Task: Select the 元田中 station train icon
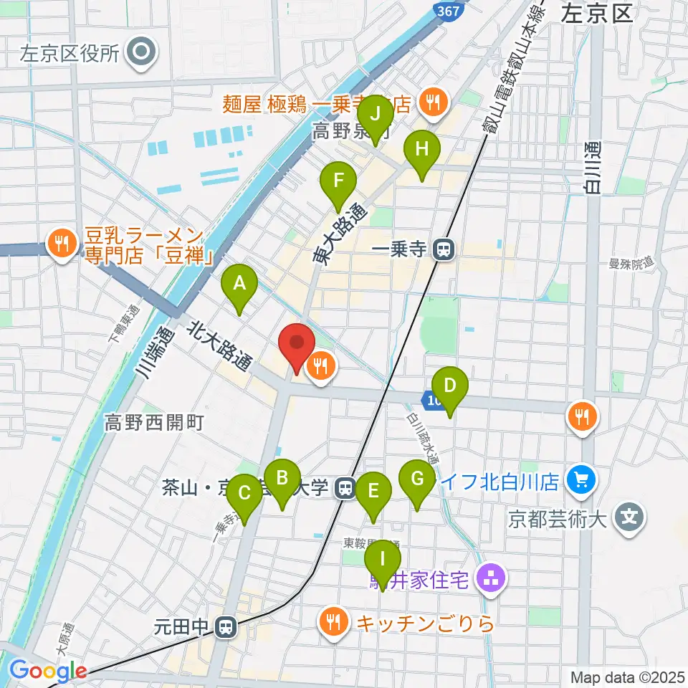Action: pos(226,627)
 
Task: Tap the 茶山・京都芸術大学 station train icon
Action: pos(346,489)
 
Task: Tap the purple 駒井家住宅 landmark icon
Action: pos(492,579)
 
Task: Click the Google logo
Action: pos(47,671)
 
